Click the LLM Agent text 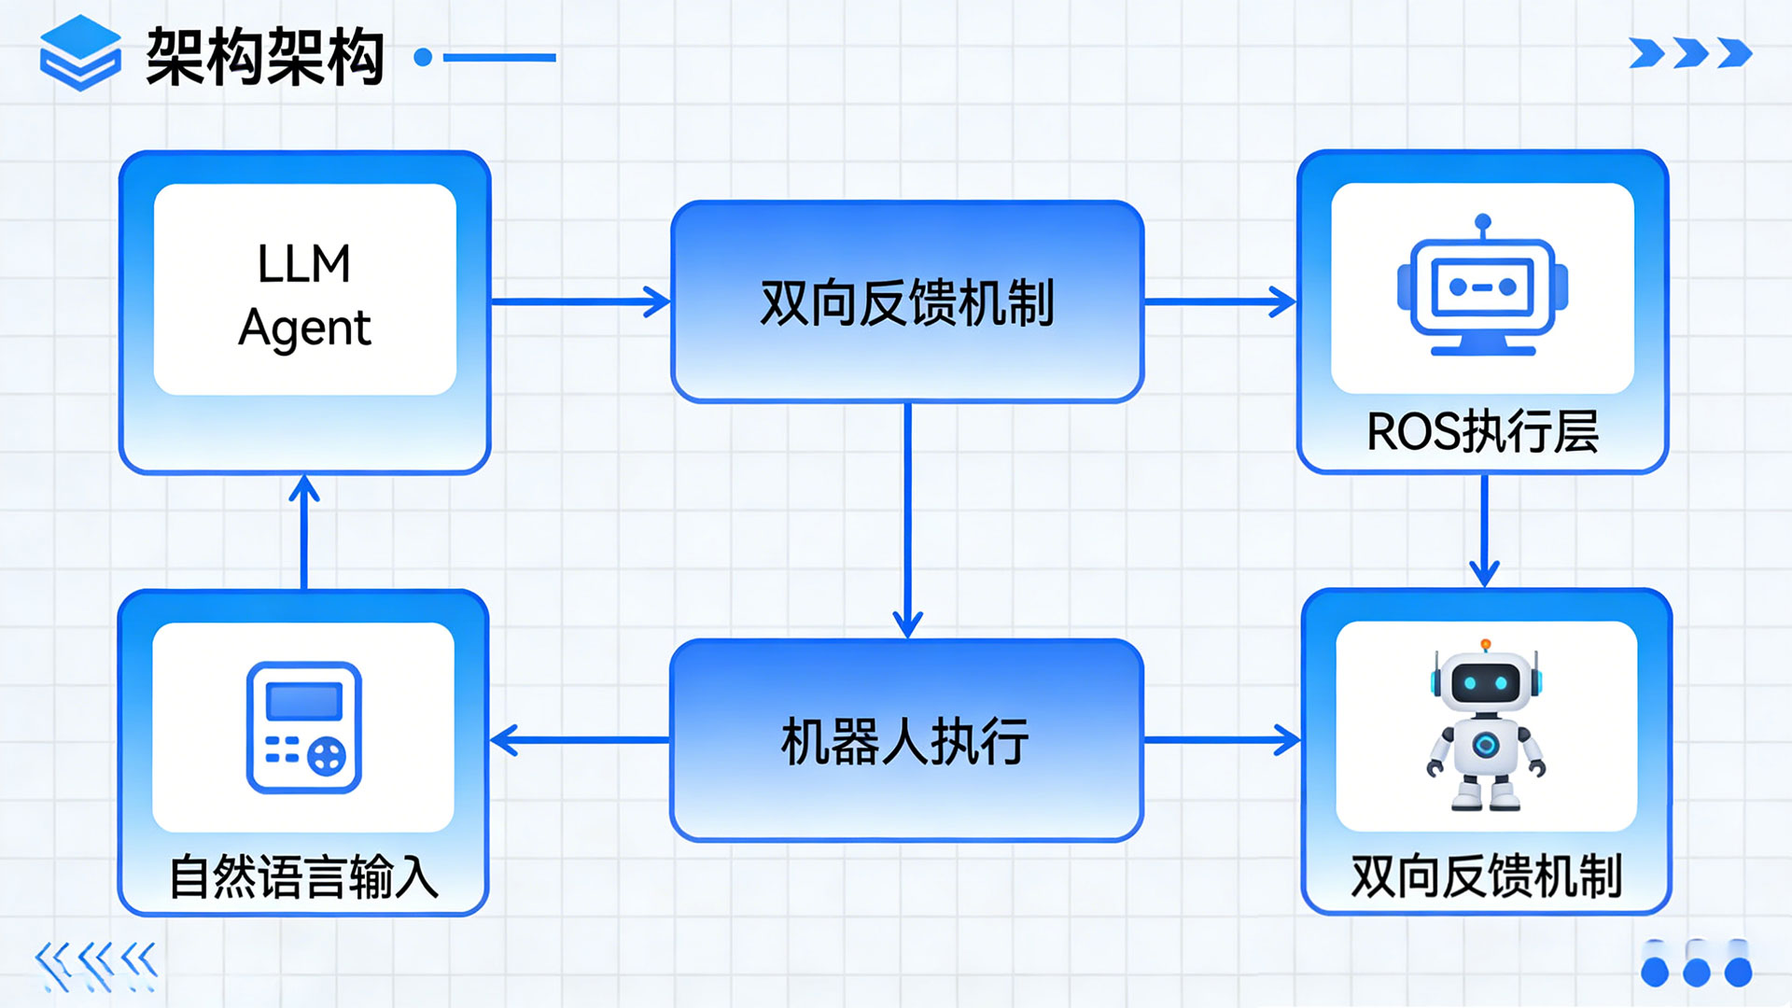[304, 295]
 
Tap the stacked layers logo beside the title [80, 54]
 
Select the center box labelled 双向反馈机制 [907, 302]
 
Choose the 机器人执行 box [906, 741]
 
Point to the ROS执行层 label [1482, 432]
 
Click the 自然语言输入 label [303, 877]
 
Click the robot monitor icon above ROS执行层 [1482, 288]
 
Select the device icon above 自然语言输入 [303, 727]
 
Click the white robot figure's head [1485, 681]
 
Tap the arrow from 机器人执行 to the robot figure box [1222, 741]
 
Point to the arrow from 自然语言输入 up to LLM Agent [304, 532]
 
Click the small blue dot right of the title [423, 58]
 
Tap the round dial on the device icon [327, 755]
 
